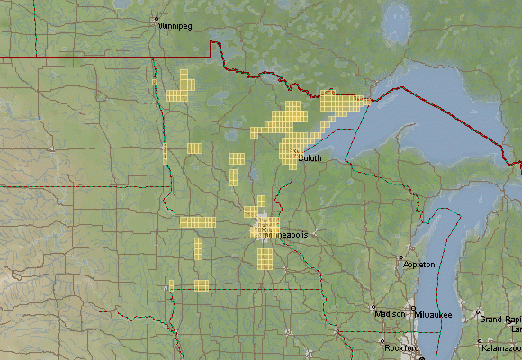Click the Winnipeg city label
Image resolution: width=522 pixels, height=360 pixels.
[176, 26]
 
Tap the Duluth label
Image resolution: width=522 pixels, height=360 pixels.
[310, 157]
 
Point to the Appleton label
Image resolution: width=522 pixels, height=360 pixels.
[419, 265]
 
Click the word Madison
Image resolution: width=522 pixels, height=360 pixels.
[390, 314]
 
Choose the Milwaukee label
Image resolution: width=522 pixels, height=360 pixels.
[434, 314]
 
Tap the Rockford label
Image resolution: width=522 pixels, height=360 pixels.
[401, 347]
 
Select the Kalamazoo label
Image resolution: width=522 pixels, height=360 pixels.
[501, 347]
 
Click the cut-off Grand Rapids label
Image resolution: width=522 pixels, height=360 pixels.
[500, 319]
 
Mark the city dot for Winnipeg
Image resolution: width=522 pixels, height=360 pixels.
[156, 19]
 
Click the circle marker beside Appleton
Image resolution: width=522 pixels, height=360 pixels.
[401, 258]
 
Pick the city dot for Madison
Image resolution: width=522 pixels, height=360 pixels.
[374, 308]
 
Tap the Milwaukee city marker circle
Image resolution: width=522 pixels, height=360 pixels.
[415, 309]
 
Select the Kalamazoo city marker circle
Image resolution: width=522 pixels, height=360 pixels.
[479, 341]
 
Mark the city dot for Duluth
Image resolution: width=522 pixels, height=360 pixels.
[296, 152]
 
